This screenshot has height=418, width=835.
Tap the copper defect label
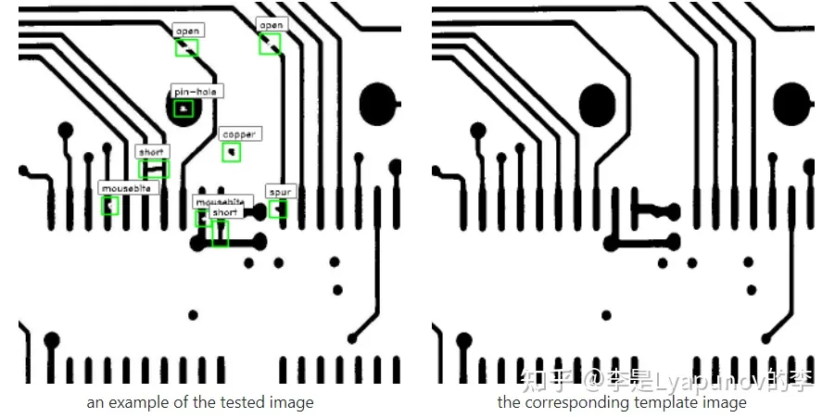click(238, 135)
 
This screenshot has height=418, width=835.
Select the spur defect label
click(279, 192)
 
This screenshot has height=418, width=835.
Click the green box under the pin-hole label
click(184, 109)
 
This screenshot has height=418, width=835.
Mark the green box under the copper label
click(232, 152)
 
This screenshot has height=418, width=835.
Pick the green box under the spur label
click(278, 209)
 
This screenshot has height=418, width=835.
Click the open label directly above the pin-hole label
click(188, 31)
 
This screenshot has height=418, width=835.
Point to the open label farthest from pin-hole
click(271, 25)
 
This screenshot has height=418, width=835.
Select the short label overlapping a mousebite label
click(225, 212)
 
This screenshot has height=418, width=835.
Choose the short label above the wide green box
click(151, 152)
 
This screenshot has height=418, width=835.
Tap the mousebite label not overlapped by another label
click(129, 188)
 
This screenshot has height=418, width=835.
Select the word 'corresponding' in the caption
click(576, 402)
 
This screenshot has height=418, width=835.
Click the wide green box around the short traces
click(154, 169)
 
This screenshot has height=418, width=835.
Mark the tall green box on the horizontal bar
click(220, 234)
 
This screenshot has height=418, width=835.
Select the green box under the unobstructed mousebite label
click(110, 206)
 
